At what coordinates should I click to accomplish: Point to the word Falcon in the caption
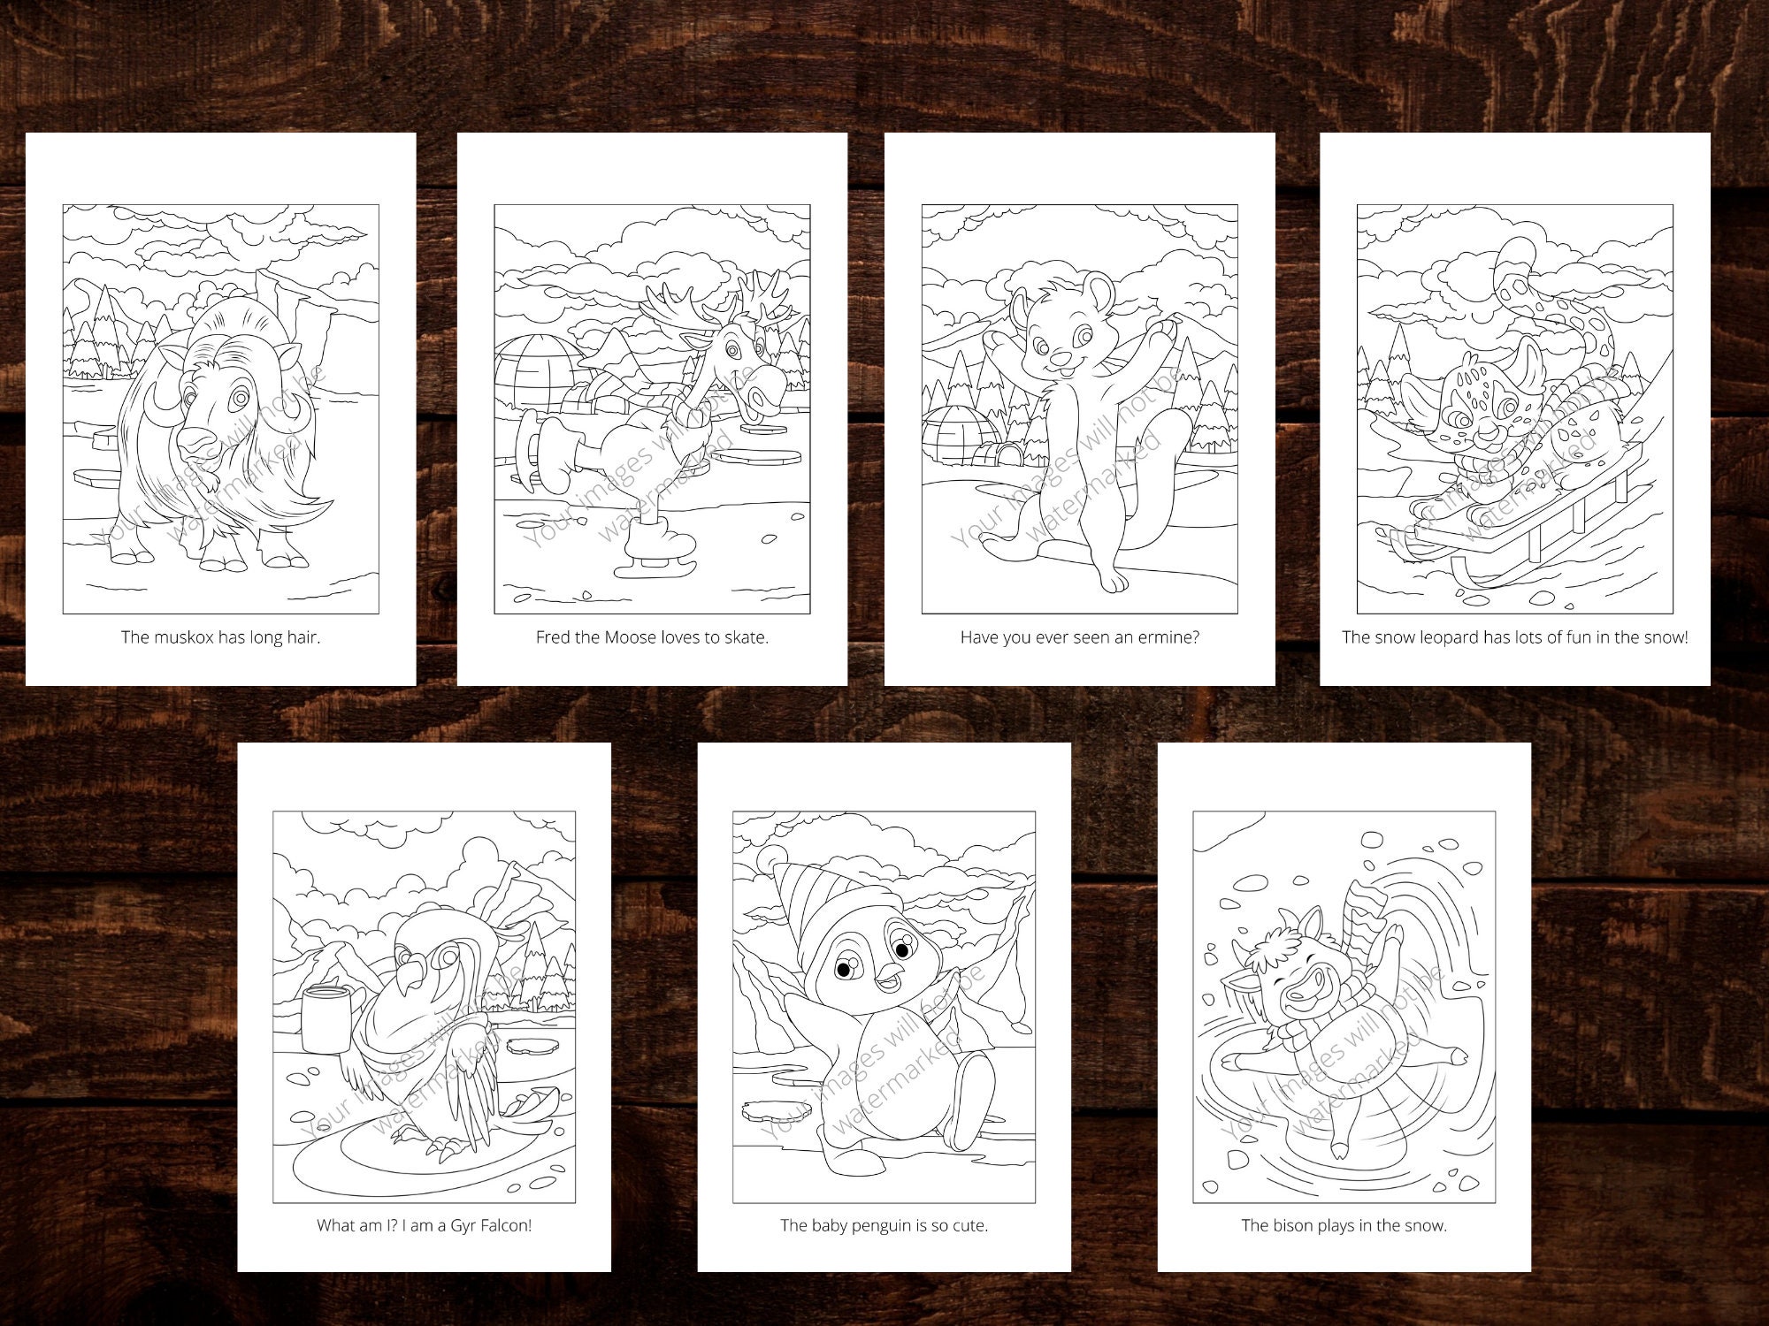[x=506, y=1226]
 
